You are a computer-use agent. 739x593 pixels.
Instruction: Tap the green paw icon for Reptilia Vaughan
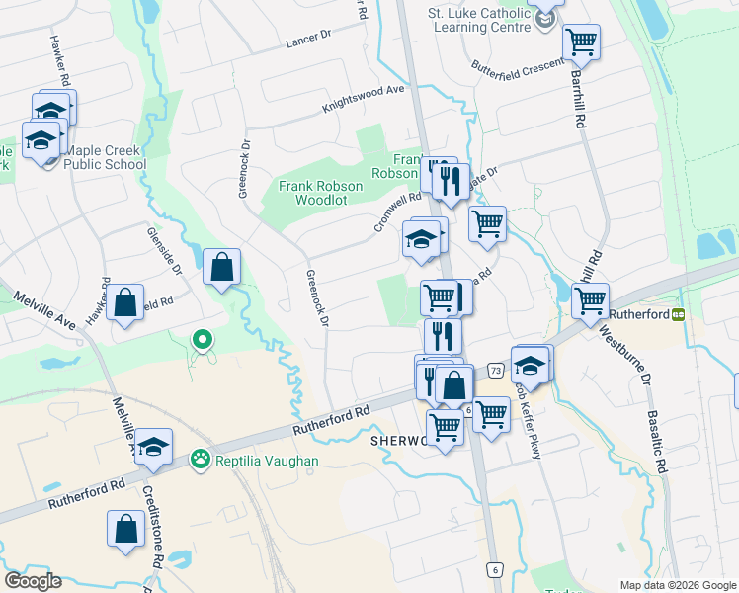(201, 459)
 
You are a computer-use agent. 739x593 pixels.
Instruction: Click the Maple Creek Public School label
(105, 158)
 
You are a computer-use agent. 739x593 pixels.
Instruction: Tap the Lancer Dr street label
(308, 39)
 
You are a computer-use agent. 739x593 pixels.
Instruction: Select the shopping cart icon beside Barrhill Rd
(581, 42)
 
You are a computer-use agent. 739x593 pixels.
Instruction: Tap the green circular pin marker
(202, 341)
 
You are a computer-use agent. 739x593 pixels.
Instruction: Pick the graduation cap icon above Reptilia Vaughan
(153, 447)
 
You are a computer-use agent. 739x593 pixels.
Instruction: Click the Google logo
(32, 581)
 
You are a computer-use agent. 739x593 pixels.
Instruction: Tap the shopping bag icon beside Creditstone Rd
(126, 528)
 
